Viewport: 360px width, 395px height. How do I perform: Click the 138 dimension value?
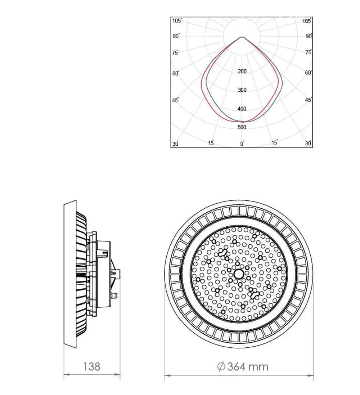click(92, 367)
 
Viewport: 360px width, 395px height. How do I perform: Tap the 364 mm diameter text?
click(243, 367)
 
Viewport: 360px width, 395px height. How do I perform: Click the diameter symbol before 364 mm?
click(221, 367)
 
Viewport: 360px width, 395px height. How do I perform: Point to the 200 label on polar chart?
click(242, 71)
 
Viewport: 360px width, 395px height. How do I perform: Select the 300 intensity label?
click(242, 90)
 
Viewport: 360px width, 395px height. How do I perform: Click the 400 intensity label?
click(242, 109)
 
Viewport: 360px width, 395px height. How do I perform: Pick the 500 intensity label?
click(242, 127)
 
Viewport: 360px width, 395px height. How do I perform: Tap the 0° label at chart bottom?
click(242, 143)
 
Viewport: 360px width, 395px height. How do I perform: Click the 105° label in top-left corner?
click(177, 21)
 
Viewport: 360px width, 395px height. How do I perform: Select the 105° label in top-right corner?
click(307, 21)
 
